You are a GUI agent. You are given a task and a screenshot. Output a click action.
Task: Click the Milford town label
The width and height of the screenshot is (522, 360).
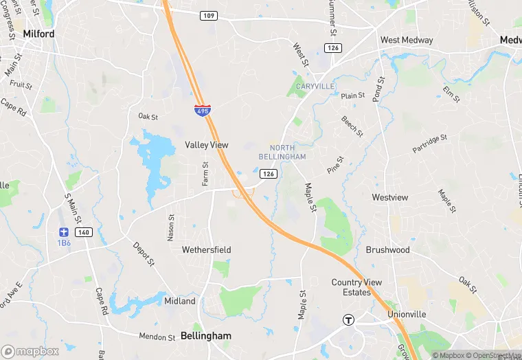38,33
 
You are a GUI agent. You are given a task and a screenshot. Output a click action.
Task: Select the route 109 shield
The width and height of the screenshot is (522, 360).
209,15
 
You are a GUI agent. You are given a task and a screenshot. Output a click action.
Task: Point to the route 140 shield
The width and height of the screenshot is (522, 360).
82,233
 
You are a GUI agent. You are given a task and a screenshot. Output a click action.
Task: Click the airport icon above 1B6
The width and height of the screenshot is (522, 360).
64,232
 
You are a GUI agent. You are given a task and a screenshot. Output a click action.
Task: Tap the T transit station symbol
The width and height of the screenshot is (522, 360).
349,319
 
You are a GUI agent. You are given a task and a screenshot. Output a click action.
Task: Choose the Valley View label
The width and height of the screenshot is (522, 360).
206,145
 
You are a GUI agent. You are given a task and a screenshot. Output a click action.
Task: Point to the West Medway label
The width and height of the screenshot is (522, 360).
407,40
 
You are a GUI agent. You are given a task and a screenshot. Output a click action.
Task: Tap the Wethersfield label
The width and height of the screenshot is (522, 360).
206,250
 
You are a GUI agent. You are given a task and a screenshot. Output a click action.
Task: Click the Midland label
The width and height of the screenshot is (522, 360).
180,301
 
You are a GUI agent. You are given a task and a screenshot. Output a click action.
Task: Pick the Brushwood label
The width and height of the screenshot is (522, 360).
387,250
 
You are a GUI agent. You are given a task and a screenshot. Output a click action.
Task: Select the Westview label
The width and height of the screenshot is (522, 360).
389,197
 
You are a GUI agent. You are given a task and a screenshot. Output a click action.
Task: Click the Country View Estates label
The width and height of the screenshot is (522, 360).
361,287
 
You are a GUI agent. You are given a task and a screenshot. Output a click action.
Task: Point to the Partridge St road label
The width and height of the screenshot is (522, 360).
429,144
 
